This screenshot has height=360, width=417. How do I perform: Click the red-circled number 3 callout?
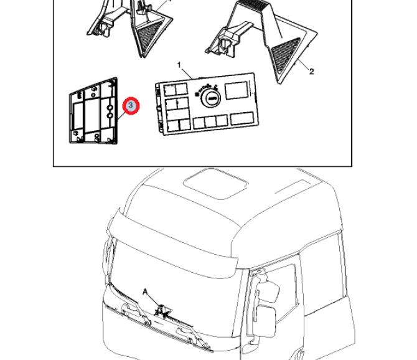[131, 106]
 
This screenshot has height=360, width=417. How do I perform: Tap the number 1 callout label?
[179, 65]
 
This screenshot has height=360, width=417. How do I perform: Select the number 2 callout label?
[311, 71]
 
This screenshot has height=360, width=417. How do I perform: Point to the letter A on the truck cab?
[145, 292]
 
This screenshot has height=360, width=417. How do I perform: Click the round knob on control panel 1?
[211, 98]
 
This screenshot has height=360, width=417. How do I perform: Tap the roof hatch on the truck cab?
[216, 183]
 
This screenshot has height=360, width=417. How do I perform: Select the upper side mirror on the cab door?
[269, 291]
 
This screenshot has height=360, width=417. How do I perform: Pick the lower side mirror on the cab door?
[266, 321]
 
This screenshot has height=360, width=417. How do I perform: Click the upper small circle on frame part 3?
[110, 108]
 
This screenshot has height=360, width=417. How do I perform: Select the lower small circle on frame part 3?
[110, 115]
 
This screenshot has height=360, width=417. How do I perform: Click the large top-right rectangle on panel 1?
[237, 90]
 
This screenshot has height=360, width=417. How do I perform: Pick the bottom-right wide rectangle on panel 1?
[242, 118]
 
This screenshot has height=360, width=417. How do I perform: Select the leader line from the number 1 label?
[187, 73]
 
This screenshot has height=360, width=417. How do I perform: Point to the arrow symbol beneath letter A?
[162, 311]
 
